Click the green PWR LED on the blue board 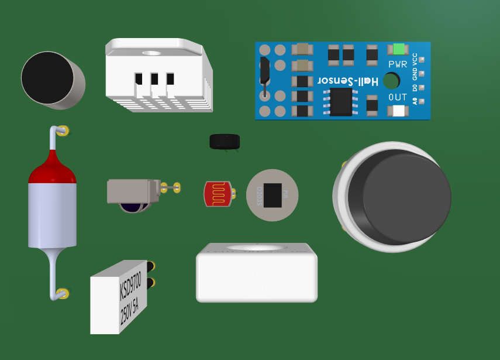pyautogui.click(x=399, y=49)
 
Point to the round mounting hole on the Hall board pyautogui.click(x=391, y=80)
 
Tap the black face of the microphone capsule pyautogui.click(x=47, y=78)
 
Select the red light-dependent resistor pyautogui.click(x=218, y=194)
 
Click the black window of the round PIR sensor pyautogui.click(x=273, y=195)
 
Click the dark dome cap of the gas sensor pyautogui.click(x=399, y=199)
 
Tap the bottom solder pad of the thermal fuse pyautogui.click(x=62, y=293)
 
